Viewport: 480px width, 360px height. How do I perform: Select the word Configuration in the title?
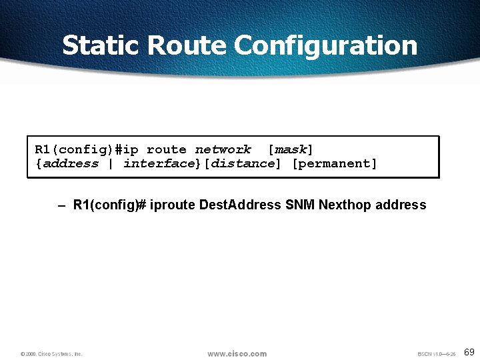tap(326, 45)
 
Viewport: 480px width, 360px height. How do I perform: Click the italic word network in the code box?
tap(223, 149)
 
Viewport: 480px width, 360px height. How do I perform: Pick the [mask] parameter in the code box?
tap(290, 149)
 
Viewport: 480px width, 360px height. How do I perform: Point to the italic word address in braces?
tap(71, 163)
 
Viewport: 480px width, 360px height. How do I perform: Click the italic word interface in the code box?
tap(157, 163)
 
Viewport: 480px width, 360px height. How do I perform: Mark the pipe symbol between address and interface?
tap(111, 163)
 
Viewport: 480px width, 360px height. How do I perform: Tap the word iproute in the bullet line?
tap(173, 205)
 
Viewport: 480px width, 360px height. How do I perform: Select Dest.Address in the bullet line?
tap(240, 205)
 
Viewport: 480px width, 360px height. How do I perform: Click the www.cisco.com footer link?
tap(237, 353)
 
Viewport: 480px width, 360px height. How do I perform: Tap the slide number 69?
tap(469, 352)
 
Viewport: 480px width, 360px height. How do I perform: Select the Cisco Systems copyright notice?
tap(51, 354)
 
